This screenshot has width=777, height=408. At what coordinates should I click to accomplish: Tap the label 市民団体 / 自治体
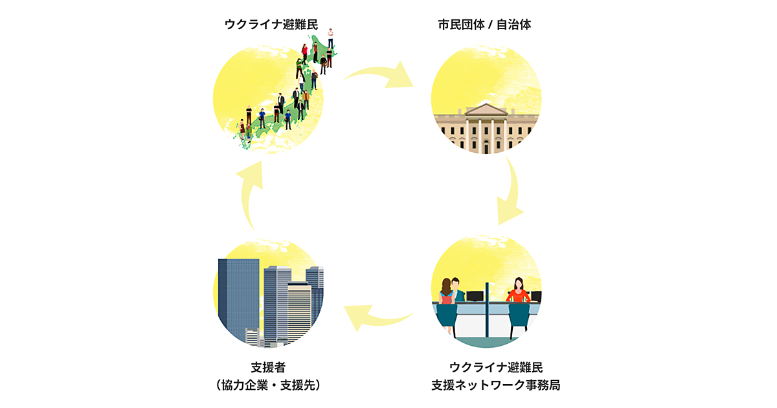[x=484, y=25]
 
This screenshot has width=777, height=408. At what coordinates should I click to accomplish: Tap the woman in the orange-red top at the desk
[x=518, y=291]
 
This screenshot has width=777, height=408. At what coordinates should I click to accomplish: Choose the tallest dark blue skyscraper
[x=238, y=298]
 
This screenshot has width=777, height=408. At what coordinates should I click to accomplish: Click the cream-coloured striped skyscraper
[x=299, y=311]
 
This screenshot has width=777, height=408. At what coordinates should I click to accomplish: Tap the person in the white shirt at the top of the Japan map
[x=330, y=38]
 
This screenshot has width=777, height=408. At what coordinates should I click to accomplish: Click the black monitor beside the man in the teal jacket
[x=475, y=296]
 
